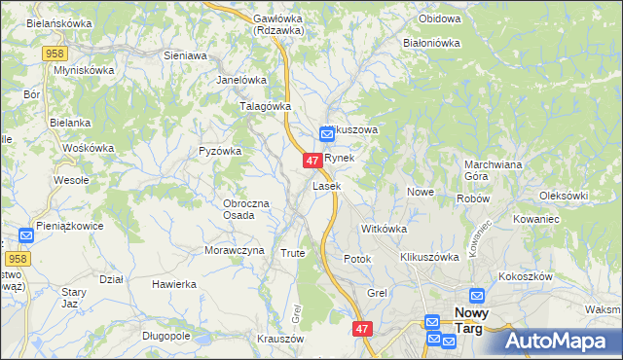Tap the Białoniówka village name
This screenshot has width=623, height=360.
431,43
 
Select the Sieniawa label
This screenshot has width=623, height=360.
185,56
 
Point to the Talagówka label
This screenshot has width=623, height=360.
266,107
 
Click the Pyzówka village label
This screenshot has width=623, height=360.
219,151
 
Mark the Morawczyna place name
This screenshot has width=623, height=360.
235,250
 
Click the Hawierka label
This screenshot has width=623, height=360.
174,284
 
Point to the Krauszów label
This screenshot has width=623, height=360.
280,339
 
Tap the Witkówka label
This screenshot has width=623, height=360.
383,228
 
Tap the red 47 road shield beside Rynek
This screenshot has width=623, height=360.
312,160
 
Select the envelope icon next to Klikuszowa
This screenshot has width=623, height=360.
327,135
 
